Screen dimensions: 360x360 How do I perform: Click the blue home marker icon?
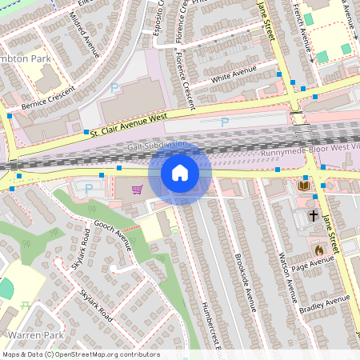click(180, 173)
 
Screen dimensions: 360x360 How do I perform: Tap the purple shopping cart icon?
click(138, 190)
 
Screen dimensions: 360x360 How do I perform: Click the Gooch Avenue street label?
click(112, 234)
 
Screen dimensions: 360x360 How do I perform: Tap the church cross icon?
click(313, 216)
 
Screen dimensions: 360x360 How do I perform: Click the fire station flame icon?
click(318, 249)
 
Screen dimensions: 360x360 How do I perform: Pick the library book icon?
click(304, 186)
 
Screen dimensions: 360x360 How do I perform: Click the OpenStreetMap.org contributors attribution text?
click(108, 354)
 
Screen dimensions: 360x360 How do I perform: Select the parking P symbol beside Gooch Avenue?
click(88, 189)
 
